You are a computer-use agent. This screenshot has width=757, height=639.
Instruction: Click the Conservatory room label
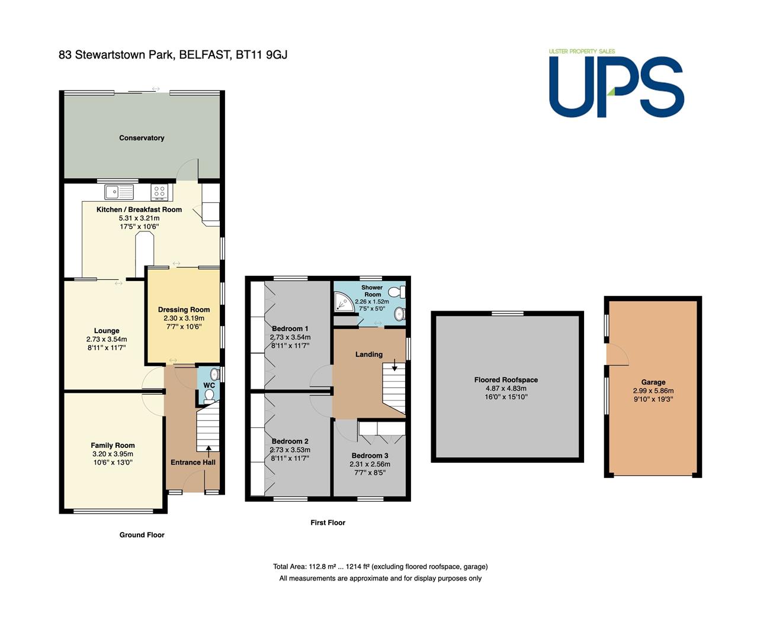click(142, 138)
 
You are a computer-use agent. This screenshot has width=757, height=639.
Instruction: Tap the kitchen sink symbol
click(119, 192)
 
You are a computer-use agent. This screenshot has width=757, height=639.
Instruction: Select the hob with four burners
click(159, 192)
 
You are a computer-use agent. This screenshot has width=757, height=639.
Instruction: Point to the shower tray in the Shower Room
click(344, 302)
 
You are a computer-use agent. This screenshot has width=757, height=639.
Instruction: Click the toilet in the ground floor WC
click(209, 396)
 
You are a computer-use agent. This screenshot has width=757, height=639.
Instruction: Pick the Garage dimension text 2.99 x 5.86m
click(653, 390)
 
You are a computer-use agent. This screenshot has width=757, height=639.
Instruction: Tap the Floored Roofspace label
click(506, 380)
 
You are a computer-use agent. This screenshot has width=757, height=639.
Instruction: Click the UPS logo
click(617, 83)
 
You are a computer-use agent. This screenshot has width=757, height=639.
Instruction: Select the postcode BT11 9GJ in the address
click(261, 54)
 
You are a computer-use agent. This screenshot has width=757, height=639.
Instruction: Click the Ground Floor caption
click(142, 535)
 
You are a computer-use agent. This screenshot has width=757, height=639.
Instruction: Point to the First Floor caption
click(328, 522)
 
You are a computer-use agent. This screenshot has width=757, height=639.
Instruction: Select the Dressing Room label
click(184, 309)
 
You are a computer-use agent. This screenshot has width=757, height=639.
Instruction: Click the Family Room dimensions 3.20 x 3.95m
click(113, 454)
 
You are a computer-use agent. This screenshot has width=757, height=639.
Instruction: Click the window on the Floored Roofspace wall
click(507, 314)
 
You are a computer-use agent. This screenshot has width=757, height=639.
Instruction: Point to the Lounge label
click(107, 331)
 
